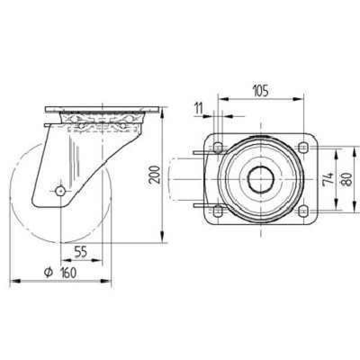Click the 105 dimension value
[261, 90]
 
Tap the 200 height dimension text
[154, 175]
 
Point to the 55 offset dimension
[81, 252]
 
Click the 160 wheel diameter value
[68, 273]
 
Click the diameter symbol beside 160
[48, 273]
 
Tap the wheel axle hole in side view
[60, 191]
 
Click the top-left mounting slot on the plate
[218, 148]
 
